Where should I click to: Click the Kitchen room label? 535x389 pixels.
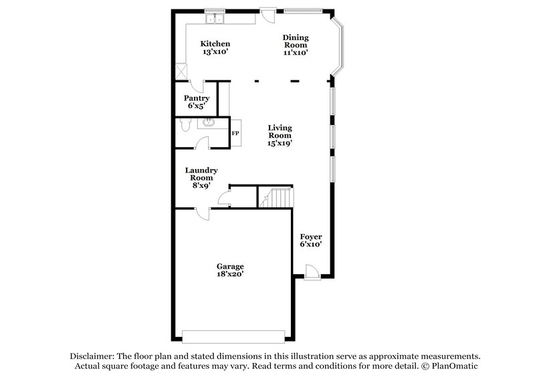point(215,48)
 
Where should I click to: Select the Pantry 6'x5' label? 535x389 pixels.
point(197,102)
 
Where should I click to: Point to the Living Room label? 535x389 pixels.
point(280,134)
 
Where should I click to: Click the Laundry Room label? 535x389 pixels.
point(201,178)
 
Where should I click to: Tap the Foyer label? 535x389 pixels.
point(311,241)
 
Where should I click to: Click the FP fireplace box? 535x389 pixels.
point(235,133)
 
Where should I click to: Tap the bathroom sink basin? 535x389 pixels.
point(209,122)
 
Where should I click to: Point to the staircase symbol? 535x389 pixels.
point(278,198)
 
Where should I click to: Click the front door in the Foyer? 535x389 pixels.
point(310,271)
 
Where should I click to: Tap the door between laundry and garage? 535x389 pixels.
point(203,213)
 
